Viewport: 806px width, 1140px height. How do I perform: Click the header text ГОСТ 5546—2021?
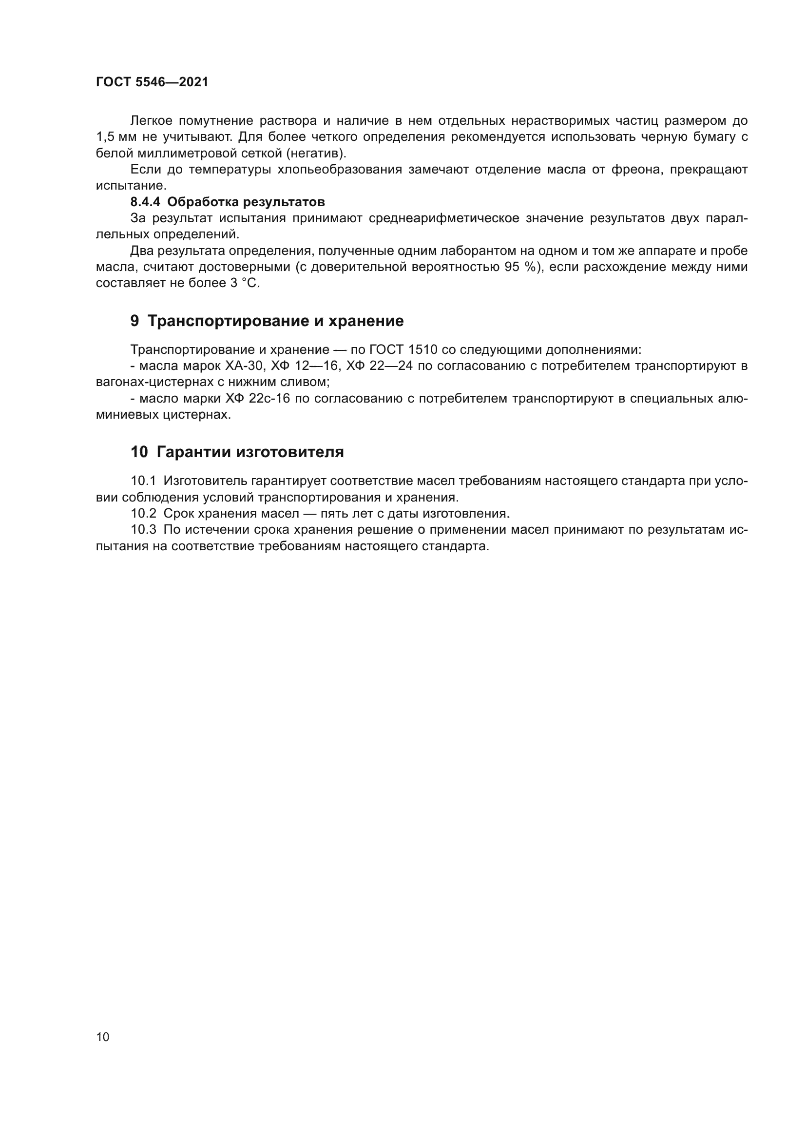(152, 82)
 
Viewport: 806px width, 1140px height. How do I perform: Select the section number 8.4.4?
(144, 202)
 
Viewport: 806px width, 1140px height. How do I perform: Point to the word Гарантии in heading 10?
(194, 452)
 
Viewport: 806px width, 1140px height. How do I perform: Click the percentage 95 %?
(520, 267)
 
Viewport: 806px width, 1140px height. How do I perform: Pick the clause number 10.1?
(143, 481)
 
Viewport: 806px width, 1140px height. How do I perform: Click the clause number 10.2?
(143, 513)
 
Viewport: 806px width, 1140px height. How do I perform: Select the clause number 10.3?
(143, 530)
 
